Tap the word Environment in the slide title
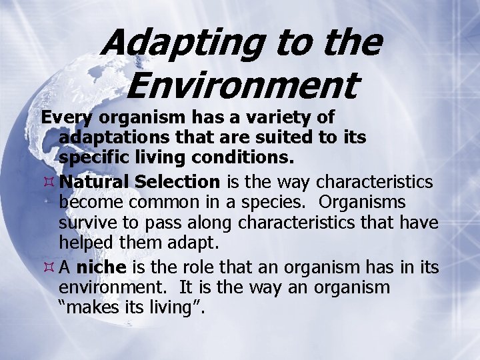[x=243, y=85]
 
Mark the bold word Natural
[x=93, y=181]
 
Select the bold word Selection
[x=177, y=181]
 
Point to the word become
[x=85, y=202]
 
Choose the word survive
[x=83, y=221]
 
